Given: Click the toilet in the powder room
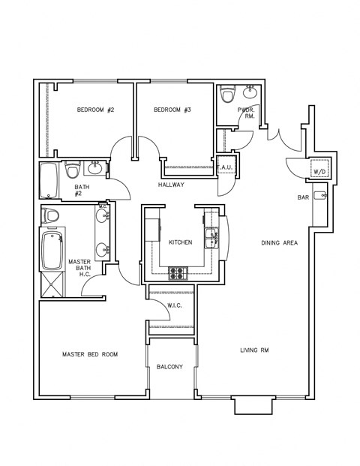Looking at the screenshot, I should click(227, 96).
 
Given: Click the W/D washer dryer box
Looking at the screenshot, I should click(319, 170).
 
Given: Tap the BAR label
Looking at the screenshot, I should click(304, 197).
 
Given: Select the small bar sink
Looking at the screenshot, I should click(320, 197).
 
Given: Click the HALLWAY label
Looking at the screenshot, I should click(171, 185).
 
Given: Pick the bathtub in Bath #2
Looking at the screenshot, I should click(48, 179).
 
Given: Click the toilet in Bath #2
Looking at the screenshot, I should click(73, 171).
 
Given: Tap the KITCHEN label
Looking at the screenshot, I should click(181, 242).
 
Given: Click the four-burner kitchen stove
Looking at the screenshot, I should click(178, 274).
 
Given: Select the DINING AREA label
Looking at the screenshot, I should click(279, 242).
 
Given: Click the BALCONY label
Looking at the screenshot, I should click(170, 366).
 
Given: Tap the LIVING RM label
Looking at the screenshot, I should click(254, 350).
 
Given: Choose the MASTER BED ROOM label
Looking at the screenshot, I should click(90, 354).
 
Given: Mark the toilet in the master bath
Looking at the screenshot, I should click(51, 216).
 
